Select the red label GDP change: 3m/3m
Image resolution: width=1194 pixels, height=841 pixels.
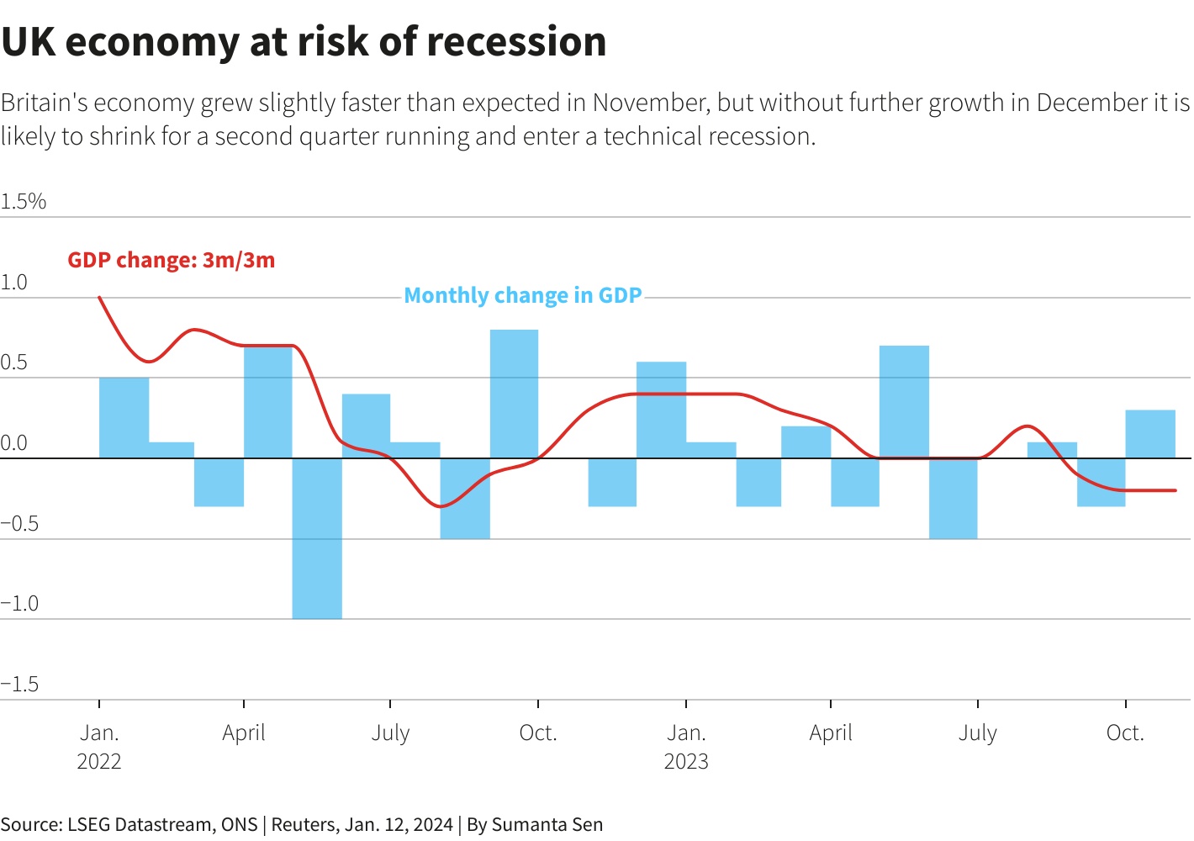tap(172, 260)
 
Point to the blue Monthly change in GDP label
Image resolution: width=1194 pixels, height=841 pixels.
tap(523, 296)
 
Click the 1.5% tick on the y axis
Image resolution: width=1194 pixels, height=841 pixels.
tap(24, 202)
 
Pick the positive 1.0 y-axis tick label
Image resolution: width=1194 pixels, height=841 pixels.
tap(14, 283)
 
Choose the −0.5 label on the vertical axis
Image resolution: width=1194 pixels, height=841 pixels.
tap(20, 524)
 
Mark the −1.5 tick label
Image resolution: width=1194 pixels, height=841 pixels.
tap(20, 685)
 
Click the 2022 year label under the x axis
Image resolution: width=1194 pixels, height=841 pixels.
tap(99, 762)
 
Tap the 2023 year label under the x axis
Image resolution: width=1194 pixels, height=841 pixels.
tap(686, 762)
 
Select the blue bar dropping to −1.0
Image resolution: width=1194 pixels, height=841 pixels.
tap(317, 538)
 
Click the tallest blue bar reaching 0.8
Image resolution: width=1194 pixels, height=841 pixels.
tap(515, 394)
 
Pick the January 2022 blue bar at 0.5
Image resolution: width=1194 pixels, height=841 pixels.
tap(124, 418)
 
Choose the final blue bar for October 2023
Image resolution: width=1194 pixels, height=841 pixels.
tap(1150, 434)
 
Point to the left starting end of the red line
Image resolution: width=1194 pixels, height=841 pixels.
tap(100, 297)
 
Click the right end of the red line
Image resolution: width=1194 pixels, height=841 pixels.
tap(1175, 490)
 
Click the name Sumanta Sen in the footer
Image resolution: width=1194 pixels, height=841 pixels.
tap(547, 825)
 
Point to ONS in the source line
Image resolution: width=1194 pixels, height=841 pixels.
tap(240, 825)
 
